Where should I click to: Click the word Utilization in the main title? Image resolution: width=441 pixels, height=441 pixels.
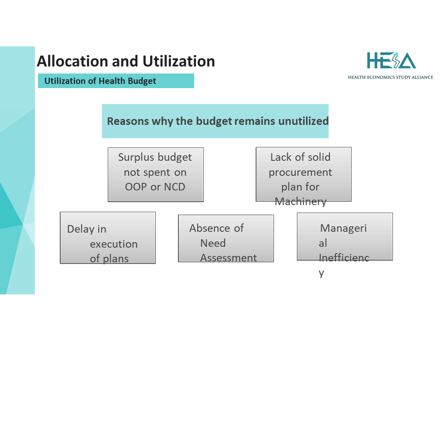[179, 61]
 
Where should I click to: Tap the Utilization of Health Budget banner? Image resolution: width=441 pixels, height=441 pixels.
[116, 81]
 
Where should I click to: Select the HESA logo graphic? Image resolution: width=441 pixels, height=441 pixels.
[391, 61]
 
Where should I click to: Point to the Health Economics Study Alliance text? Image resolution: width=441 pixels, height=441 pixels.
[390, 77]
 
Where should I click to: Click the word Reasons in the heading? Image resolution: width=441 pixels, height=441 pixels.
[128, 121]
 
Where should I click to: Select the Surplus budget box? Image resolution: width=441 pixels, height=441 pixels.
[155, 175]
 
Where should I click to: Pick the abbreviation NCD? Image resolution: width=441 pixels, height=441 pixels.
[175, 187]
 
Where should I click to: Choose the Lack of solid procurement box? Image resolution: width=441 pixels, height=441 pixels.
[304, 174]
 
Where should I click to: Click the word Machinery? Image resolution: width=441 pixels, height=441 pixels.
[300, 202]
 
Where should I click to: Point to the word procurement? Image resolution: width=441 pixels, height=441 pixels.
[300, 172]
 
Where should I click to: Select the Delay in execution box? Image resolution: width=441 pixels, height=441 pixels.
[108, 238]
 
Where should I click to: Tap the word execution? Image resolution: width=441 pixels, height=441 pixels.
[114, 244]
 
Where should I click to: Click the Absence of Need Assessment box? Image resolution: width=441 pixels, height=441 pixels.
[226, 238]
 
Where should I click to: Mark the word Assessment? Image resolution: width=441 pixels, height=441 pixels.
[228, 258]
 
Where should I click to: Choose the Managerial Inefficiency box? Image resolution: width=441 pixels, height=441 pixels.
[345, 236]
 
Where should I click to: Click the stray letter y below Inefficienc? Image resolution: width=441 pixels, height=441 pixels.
[322, 273]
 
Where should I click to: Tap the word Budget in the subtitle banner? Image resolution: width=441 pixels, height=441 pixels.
[142, 81]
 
